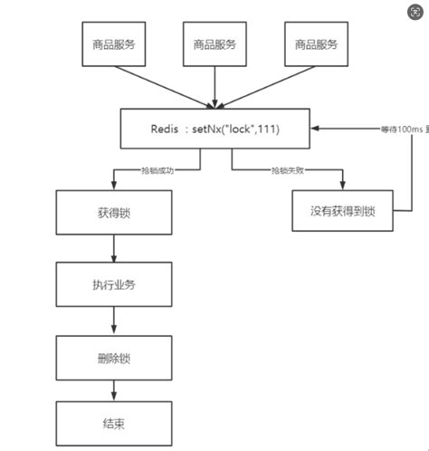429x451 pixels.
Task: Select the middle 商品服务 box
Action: [x=214, y=44]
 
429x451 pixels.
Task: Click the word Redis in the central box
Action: [x=169, y=129]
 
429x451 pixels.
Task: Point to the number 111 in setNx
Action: [x=268, y=129]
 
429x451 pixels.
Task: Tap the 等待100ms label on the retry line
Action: [x=376, y=130]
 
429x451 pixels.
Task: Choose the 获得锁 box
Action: [x=112, y=213]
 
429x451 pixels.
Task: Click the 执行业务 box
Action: [x=112, y=284]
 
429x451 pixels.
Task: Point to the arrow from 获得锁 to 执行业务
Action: [x=113, y=248]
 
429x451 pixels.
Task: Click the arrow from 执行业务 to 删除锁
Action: [x=113, y=319]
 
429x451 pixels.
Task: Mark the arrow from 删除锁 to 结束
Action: [x=113, y=389]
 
